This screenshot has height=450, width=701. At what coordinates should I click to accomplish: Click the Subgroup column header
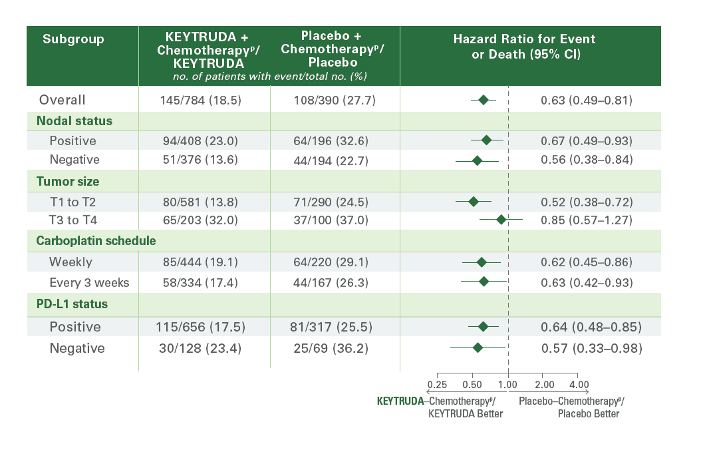pyautogui.click(x=73, y=39)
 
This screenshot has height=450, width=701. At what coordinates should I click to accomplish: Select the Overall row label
pyautogui.click(x=62, y=101)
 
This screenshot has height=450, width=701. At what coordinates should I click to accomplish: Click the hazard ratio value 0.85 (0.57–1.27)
pyautogui.click(x=586, y=220)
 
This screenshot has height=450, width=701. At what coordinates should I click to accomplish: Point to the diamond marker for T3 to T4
pyautogui.click(x=501, y=220)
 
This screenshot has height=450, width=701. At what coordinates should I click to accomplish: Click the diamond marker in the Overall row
pyautogui.click(x=484, y=101)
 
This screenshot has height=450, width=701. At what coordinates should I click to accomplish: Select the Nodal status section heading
pyautogui.click(x=74, y=121)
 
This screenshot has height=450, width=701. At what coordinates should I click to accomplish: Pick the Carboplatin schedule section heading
pyautogui.click(x=96, y=240)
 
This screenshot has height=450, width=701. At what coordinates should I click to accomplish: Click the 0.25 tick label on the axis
pyautogui.click(x=437, y=385)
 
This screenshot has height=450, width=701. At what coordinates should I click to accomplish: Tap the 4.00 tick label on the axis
pyautogui.click(x=579, y=385)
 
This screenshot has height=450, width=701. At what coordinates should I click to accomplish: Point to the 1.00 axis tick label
pyautogui.click(x=508, y=385)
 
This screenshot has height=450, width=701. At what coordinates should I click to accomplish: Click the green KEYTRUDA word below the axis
pyautogui.click(x=400, y=401)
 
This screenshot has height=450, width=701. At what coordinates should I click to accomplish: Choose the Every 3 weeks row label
pyautogui.click(x=89, y=283)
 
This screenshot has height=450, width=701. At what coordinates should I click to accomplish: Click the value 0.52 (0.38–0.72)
pyautogui.click(x=586, y=202)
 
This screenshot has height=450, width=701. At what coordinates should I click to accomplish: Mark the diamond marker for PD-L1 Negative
pyautogui.click(x=478, y=347)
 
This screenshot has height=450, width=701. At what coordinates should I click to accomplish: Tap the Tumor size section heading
pyautogui.click(x=65, y=181)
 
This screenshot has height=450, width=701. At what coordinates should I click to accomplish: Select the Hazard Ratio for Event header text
pyautogui.click(x=524, y=39)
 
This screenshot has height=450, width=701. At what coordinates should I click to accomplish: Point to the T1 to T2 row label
pyautogui.click(x=74, y=202)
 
